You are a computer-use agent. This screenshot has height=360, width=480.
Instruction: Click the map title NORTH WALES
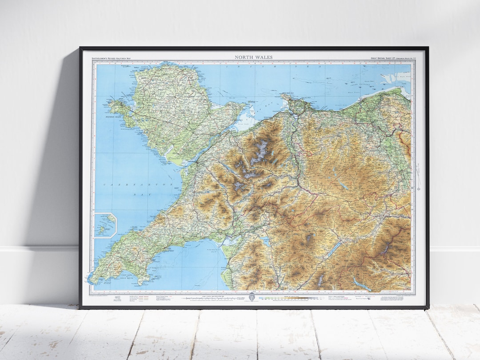(254, 57)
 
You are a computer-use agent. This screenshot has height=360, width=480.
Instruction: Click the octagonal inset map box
(105, 225)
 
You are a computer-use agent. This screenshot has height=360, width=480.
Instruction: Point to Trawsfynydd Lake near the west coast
(266, 242)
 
